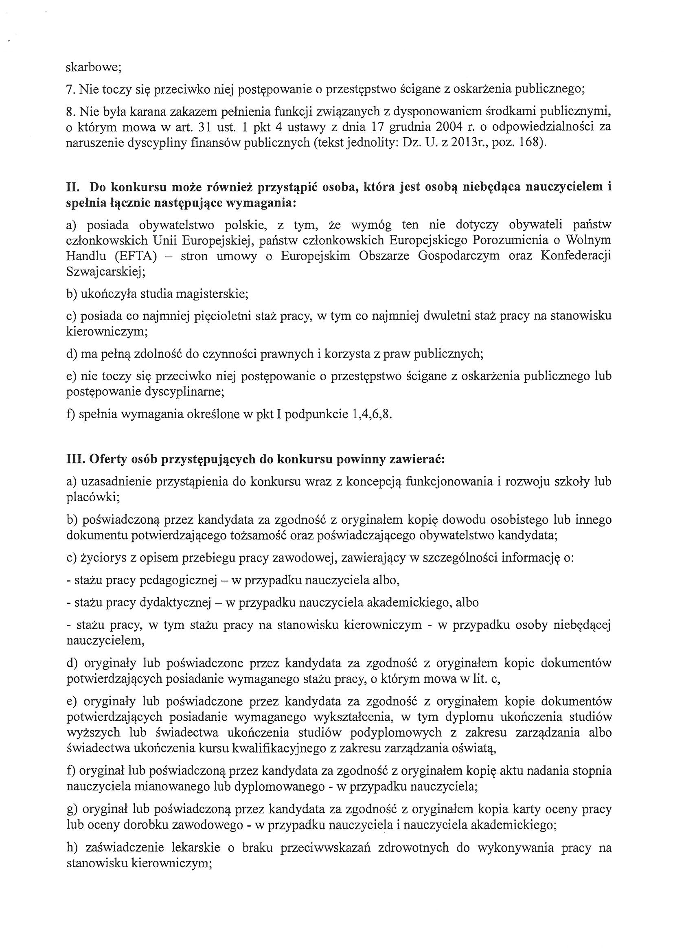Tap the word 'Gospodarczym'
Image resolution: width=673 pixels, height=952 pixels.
[459, 256]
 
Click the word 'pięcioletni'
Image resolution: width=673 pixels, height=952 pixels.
[231, 316]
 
